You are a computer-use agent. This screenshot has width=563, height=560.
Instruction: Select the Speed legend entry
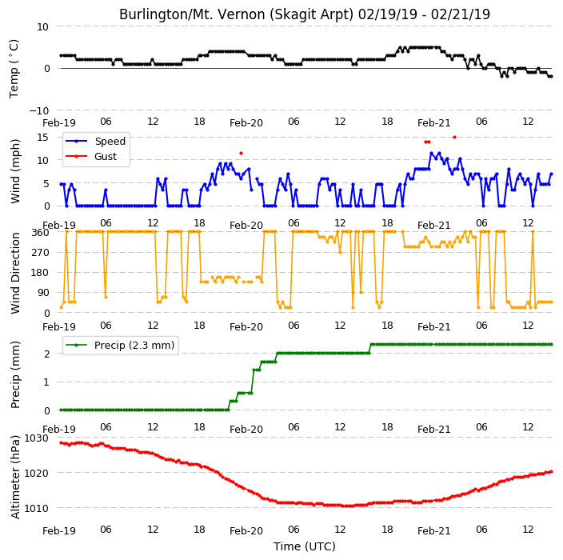tap(95, 141)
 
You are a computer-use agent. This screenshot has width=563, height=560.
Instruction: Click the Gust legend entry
tap(91, 156)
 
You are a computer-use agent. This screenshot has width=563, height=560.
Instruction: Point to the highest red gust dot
tap(454, 138)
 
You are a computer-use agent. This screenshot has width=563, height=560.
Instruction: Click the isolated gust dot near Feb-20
tap(241, 154)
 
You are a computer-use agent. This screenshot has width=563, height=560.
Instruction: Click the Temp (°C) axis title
tap(14, 69)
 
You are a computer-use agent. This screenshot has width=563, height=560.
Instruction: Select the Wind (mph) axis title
tap(14, 171)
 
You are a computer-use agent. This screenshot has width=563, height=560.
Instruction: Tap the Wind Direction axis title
tap(14, 273)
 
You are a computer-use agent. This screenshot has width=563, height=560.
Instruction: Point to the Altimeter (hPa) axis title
tap(14, 477)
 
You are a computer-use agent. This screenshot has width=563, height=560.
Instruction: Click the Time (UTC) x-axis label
tap(305, 546)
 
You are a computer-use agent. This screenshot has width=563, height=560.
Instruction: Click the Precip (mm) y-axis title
tap(14, 374)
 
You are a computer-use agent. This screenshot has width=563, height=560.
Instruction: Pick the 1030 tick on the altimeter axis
tap(36, 438)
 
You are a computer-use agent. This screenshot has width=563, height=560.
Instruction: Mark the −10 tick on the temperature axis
tap(38, 110)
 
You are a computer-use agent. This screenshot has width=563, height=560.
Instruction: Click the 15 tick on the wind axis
tap(42, 138)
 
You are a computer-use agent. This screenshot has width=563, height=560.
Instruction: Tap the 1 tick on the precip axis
tap(46, 382)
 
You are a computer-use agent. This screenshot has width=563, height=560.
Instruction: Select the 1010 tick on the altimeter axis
tap(36, 508)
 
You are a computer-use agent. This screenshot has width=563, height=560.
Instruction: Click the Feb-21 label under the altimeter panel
tap(433, 531)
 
